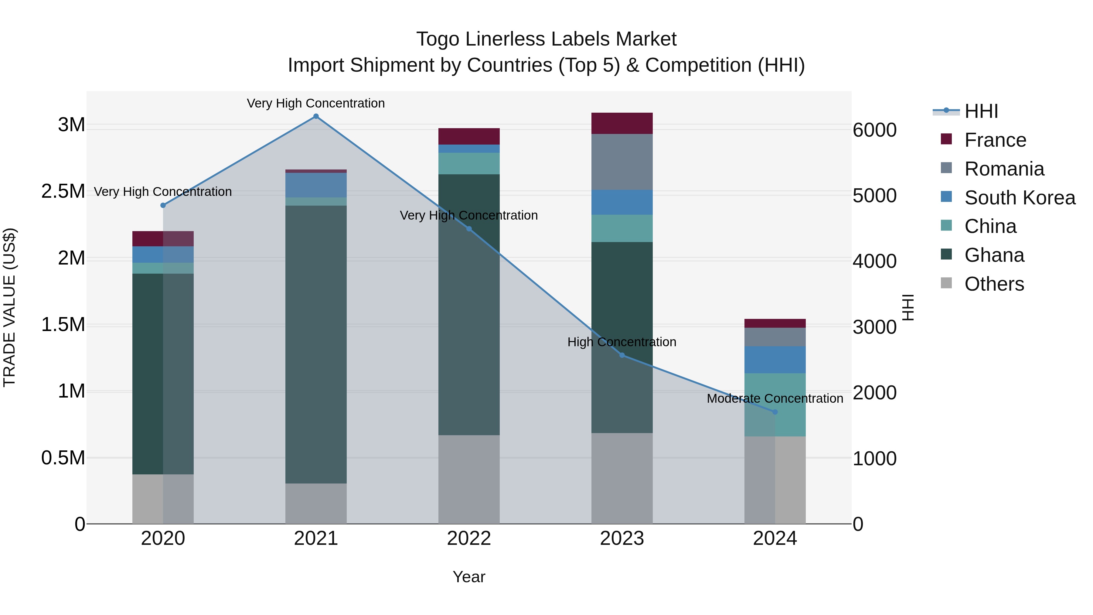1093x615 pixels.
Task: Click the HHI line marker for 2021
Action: coord(316,116)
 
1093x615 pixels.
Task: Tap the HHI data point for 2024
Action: coord(775,412)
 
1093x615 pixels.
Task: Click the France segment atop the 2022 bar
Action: coord(469,136)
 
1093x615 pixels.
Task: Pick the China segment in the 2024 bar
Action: coord(775,405)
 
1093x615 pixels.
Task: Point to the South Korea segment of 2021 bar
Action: coord(316,185)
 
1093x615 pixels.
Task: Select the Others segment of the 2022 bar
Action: coord(469,479)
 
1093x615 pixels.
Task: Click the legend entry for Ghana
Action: coord(994,255)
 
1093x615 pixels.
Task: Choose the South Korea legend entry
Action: coord(1020,198)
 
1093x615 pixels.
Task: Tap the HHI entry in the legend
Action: coord(981,111)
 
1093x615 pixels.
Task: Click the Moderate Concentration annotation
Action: coord(775,398)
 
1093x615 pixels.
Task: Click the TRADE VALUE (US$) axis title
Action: coord(9,307)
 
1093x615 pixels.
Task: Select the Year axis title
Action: coord(469,577)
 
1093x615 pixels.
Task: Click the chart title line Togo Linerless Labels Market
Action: coord(546,39)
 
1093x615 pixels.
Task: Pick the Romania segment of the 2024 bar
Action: coord(775,337)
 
